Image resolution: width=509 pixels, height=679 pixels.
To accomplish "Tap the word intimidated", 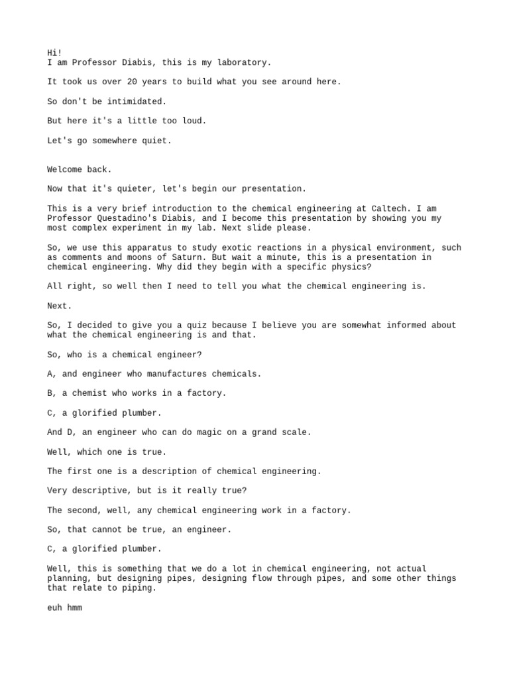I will click(138, 101).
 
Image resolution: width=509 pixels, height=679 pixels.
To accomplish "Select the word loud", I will click(196, 121).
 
